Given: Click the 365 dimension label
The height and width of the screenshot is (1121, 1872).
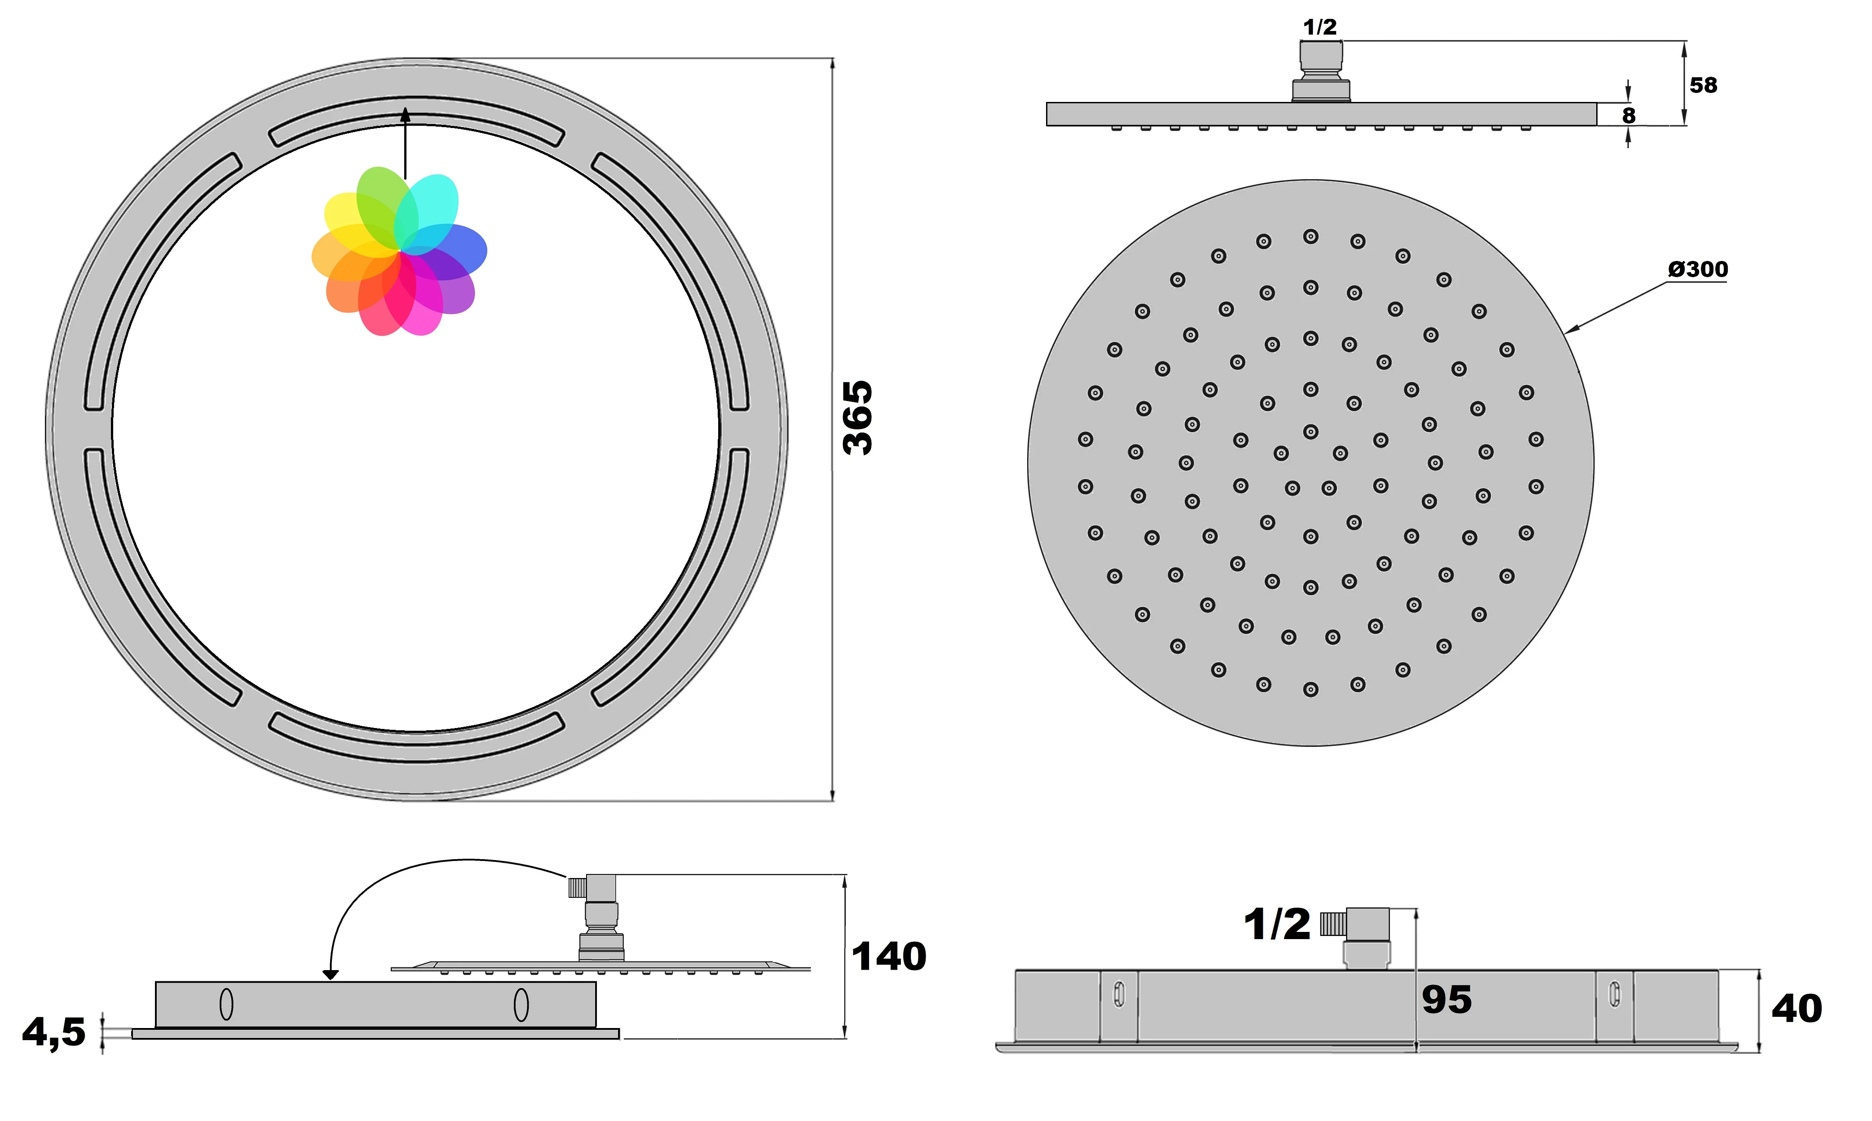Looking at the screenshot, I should (x=858, y=418).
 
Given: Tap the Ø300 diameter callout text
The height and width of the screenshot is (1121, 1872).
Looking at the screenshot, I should (x=1697, y=269).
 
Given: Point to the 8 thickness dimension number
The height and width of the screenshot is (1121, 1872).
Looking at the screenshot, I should (x=1629, y=115).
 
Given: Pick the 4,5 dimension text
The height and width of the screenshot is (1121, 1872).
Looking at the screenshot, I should (x=53, y=1032).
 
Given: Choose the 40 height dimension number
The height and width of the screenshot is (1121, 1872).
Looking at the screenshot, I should (x=1797, y=1008).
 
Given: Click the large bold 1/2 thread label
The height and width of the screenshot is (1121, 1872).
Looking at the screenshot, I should (x=1277, y=925).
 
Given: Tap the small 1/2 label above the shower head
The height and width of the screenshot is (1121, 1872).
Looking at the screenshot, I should (x=1320, y=27).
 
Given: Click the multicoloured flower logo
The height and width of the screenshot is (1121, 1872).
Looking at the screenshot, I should (x=399, y=252).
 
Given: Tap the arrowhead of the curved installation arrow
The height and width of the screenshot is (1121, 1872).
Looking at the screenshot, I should (x=330, y=975).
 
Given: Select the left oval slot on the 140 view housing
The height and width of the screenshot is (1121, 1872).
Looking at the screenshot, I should (x=226, y=1005).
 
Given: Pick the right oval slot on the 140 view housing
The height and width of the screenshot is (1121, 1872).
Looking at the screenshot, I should (x=521, y=1005).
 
